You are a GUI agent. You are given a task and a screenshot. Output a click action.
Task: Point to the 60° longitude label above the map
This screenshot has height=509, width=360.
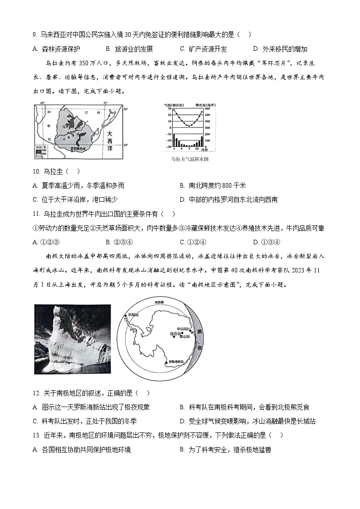pos(43,103)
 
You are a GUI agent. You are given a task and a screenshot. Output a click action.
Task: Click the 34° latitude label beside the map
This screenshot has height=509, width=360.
pos(126,145)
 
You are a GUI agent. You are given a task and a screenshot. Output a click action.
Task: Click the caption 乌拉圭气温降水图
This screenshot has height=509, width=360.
pos(189,160)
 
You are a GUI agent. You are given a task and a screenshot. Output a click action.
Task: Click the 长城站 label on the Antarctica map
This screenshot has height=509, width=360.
pos(133,314)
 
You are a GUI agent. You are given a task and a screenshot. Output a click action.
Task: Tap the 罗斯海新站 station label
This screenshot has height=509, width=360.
pos(176,362)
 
